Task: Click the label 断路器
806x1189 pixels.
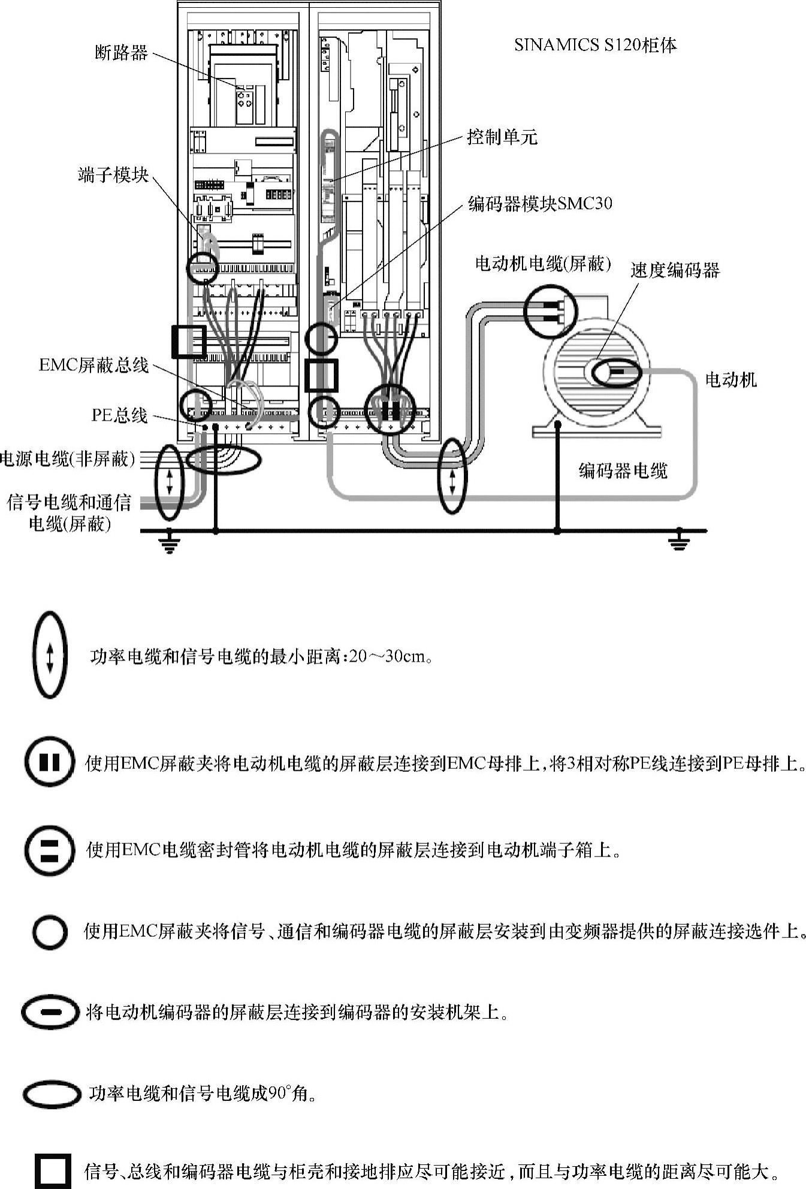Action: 121,53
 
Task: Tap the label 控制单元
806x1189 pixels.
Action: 502,137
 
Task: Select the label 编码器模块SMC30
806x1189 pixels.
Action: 540,204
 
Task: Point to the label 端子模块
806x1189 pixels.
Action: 113,175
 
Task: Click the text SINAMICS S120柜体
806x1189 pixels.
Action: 595,45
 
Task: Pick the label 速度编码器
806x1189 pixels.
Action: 674,270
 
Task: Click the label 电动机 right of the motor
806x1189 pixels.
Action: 730,379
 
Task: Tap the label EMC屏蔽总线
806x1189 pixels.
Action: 93,365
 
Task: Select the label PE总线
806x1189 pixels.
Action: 119,415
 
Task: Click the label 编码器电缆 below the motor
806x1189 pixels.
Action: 623,470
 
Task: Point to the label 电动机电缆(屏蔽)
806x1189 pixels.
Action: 543,264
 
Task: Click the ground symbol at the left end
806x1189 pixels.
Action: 170,544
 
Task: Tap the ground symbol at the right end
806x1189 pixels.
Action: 679,543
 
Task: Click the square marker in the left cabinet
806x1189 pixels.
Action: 189,342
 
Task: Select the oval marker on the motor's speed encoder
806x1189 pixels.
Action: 617,373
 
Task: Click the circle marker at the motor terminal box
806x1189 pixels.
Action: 550,310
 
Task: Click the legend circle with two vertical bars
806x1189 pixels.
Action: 50,762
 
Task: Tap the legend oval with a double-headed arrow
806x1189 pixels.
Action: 50,655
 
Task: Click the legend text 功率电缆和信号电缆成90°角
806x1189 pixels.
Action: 203,1094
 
